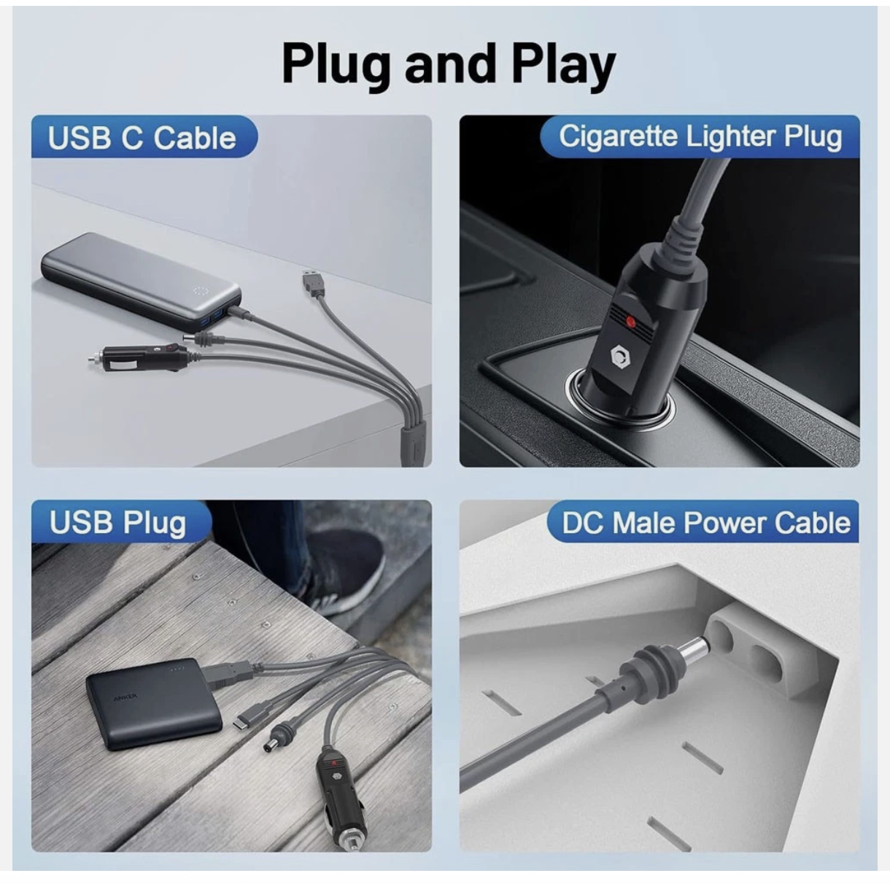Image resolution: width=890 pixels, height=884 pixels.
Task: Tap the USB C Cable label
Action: (142, 137)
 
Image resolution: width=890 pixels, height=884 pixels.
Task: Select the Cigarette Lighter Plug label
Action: (700, 136)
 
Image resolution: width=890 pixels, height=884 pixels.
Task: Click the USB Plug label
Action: (117, 522)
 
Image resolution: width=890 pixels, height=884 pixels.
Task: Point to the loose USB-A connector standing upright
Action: (313, 282)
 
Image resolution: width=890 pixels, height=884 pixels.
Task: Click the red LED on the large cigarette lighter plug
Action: (630, 320)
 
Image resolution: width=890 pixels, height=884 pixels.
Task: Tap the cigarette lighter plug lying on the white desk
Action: (139, 358)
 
